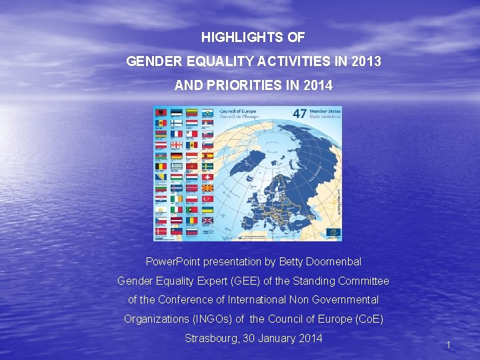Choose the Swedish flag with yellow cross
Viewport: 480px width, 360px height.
click(207, 166)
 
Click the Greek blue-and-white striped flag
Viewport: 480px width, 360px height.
click(176, 166)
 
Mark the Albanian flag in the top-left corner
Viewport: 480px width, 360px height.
click(161, 113)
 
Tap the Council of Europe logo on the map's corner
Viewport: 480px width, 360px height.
click(333, 231)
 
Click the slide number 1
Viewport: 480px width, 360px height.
click(449, 345)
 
